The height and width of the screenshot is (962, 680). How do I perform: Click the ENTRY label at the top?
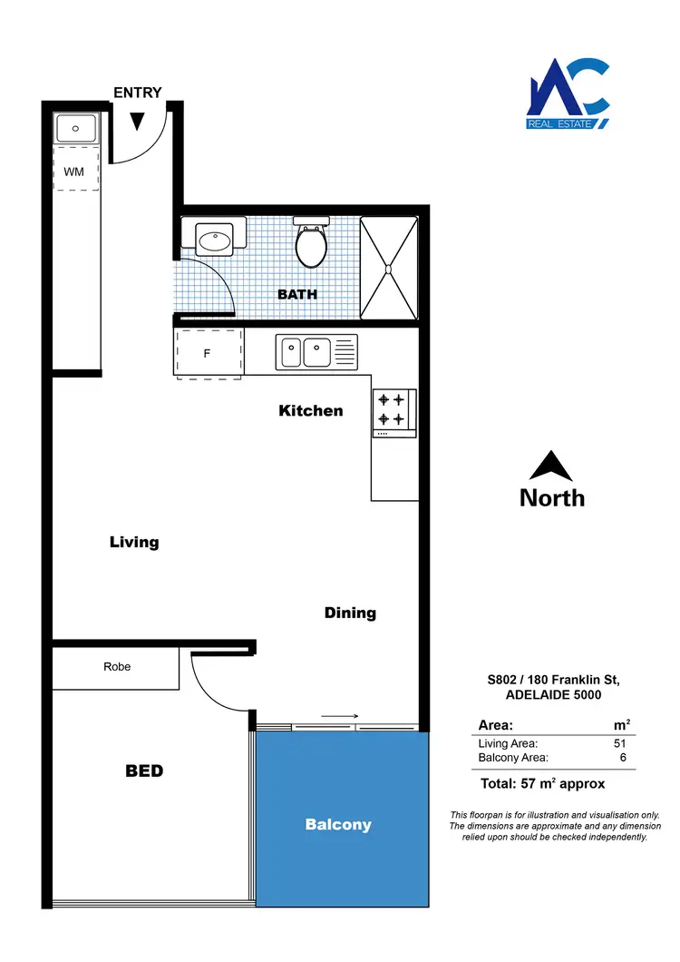point(138,93)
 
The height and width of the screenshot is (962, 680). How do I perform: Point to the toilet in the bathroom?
point(311,243)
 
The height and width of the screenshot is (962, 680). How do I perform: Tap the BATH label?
point(297,295)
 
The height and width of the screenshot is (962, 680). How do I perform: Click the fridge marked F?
point(208,352)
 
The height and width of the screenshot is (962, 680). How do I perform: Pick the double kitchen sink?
point(316,351)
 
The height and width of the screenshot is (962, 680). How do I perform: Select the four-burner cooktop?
point(393,409)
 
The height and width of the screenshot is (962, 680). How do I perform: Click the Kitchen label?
point(311,411)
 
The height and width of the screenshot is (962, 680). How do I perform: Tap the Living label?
point(134,543)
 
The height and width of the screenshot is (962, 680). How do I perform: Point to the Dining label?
point(350,614)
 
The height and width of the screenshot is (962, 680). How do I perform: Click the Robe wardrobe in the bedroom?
point(116,668)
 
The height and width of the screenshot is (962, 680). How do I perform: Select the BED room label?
point(144,771)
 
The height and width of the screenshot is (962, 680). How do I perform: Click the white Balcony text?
point(338,825)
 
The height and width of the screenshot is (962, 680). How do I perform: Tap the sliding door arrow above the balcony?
point(339,716)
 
